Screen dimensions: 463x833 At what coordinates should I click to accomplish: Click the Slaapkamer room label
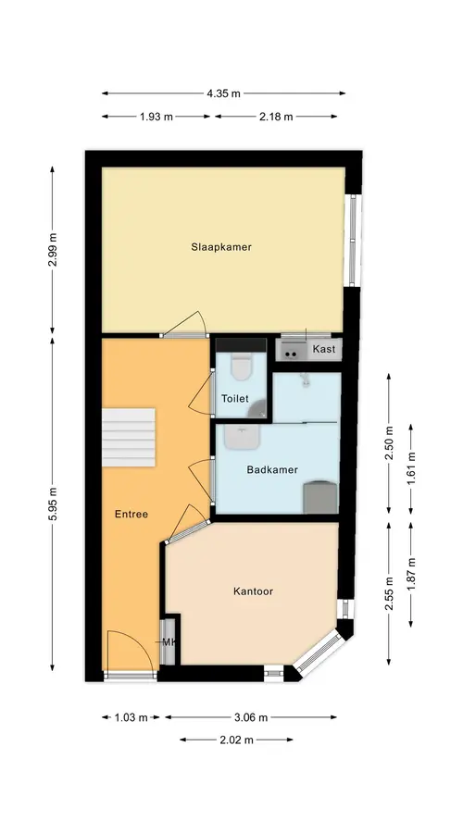(221, 247)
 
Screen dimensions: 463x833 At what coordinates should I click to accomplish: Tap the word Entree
(131, 515)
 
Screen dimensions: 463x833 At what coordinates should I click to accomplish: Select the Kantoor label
(253, 591)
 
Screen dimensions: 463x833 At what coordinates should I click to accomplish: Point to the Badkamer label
(272, 469)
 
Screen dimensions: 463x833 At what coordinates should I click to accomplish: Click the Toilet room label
(235, 398)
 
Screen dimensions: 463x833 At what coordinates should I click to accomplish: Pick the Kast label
(324, 349)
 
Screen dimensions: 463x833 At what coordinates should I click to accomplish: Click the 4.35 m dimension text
(223, 93)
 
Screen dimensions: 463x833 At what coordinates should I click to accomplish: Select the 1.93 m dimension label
(156, 117)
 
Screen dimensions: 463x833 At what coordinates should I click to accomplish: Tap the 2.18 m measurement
(276, 117)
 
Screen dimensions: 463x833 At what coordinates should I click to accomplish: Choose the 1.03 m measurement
(131, 717)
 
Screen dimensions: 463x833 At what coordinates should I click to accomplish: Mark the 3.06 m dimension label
(251, 717)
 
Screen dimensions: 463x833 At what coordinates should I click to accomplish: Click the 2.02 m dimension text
(236, 740)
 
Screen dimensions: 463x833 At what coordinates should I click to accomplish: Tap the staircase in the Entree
(128, 438)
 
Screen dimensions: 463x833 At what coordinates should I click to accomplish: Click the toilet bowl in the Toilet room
(241, 367)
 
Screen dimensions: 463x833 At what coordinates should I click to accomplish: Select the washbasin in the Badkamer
(242, 437)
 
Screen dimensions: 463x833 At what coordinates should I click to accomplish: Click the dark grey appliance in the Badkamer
(320, 497)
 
